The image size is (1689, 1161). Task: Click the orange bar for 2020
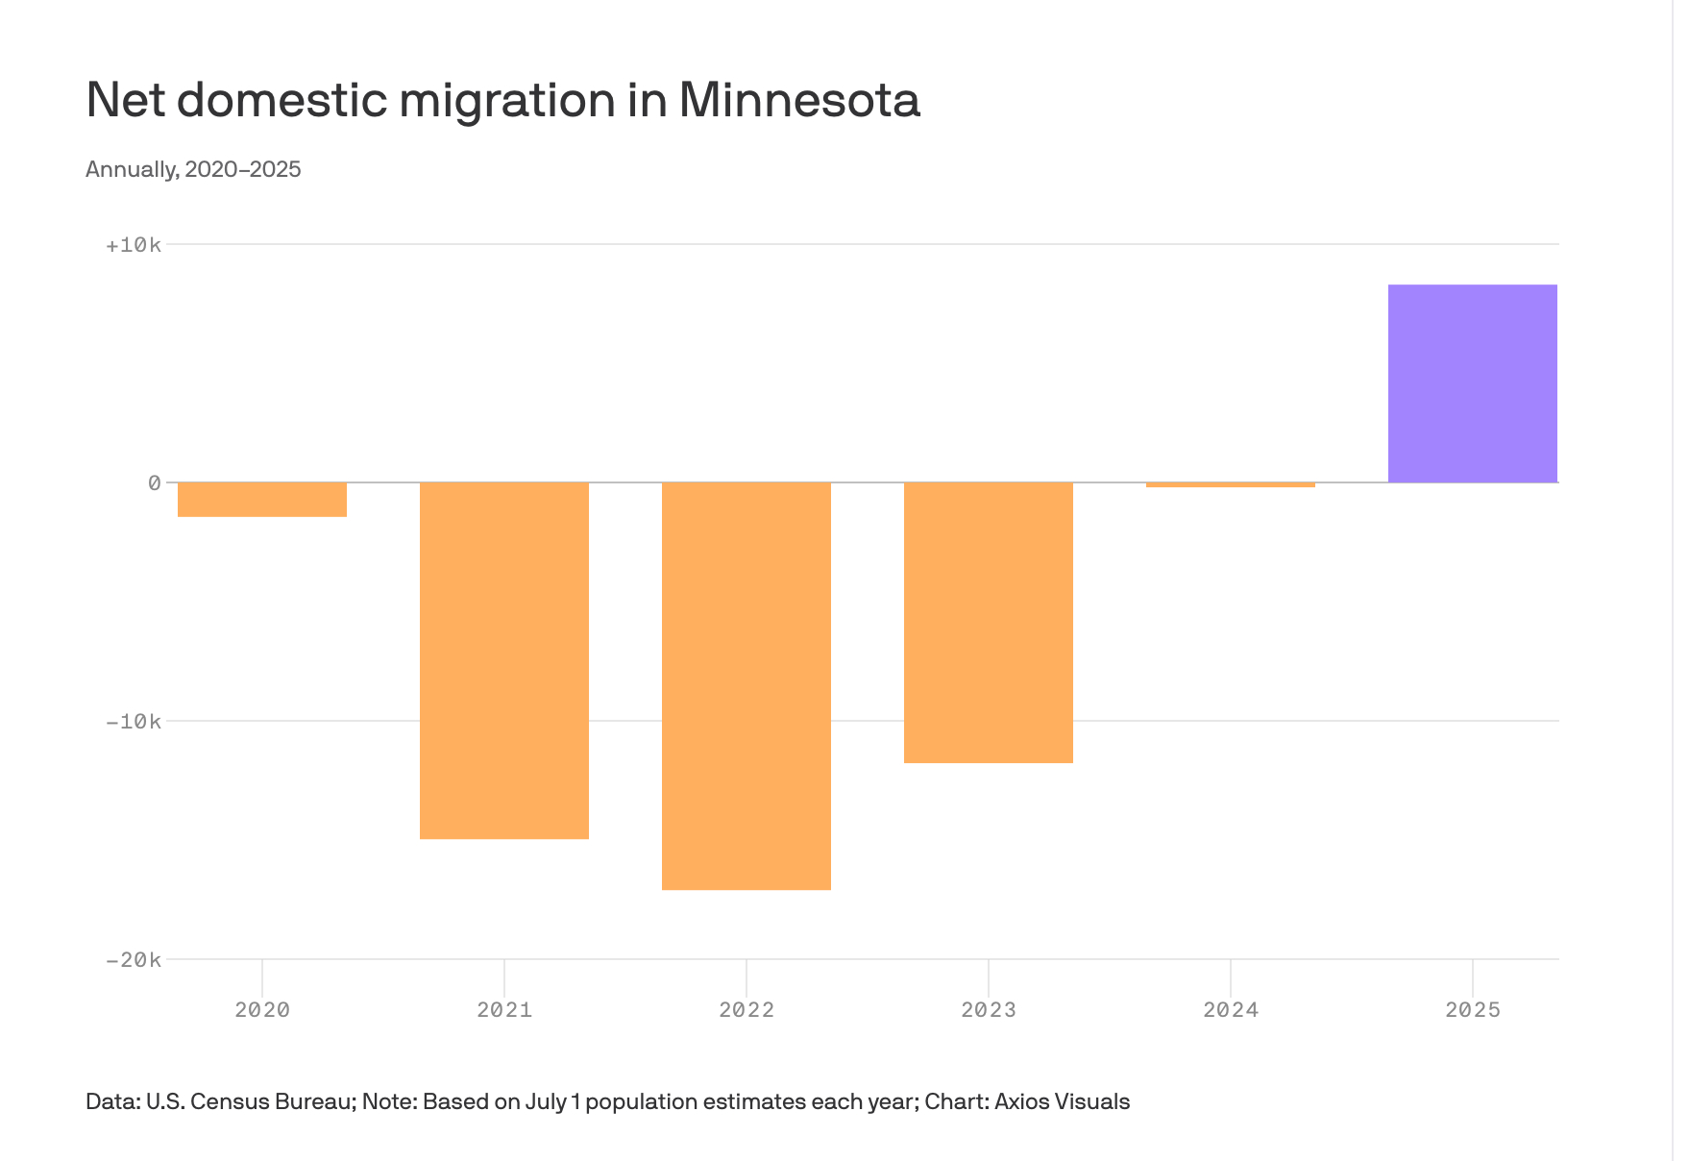pos(262,500)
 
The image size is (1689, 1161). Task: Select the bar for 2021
pos(504,660)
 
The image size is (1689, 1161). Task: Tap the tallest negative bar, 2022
pos(747,685)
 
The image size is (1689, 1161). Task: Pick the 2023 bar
pos(989,622)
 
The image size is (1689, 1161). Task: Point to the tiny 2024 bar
pos(1231,484)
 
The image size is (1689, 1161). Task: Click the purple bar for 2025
pos(1473,383)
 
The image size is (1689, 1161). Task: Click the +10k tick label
pos(134,245)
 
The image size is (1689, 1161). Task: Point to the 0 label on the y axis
pos(154,483)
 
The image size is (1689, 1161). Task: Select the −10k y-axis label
pos(134,722)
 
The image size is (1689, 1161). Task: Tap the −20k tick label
pos(134,960)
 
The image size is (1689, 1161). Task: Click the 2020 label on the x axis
pos(262,1010)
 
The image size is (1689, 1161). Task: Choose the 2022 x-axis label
pos(747,1010)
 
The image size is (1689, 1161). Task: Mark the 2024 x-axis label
pos(1231,1010)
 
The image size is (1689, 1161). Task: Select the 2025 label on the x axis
pos(1473,1010)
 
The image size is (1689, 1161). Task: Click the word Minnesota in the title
pos(799,100)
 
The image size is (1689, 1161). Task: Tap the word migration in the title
pos(507,100)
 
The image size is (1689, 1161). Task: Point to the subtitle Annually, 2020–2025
pos(193,170)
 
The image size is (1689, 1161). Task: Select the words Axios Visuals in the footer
pos(1062,1101)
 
